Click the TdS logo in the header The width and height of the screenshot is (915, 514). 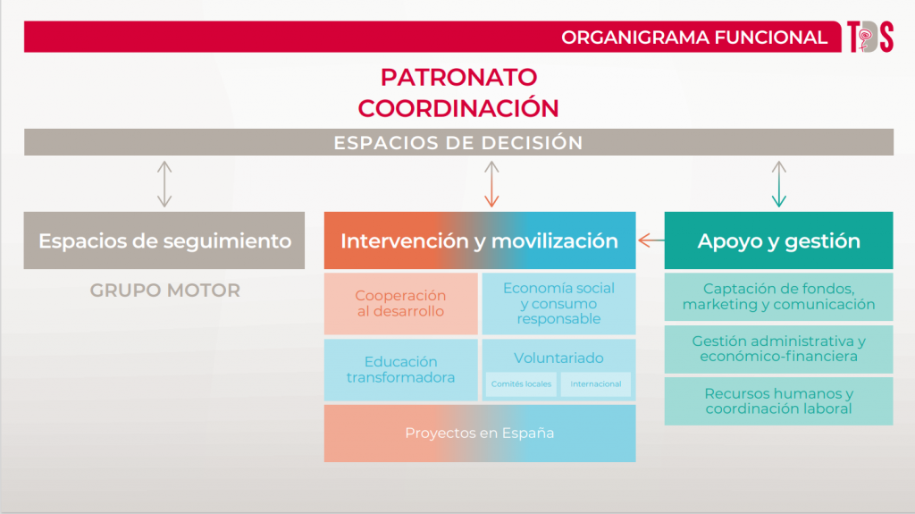[870, 37]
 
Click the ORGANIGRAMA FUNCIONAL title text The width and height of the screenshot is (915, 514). [693, 38]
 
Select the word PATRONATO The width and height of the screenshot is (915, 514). [458, 77]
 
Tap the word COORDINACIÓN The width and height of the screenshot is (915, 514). [458, 108]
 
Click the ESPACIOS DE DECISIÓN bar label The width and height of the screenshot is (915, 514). [458, 142]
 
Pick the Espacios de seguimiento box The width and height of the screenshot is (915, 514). [164, 240]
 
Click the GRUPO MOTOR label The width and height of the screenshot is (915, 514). [165, 291]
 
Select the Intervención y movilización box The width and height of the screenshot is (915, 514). [480, 240]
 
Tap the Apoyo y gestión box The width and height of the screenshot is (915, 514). [778, 240]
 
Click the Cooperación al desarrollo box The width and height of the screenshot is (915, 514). [401, 304]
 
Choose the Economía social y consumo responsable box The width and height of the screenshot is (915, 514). [558, 304]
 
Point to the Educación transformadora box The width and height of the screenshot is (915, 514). [401, 370]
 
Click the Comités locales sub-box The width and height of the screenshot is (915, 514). [521, 384]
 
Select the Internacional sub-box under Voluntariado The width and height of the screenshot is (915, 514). [596, 384]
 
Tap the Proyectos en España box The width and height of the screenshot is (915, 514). [480, 434]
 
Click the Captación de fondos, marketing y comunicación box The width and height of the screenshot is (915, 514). [778, 297]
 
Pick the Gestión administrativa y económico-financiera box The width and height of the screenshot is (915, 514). [778, 350]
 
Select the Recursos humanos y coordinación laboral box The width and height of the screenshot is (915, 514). [778, 401]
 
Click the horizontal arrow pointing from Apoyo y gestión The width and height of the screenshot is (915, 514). [651, 240]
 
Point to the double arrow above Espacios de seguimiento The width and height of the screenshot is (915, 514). [164, 184]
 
